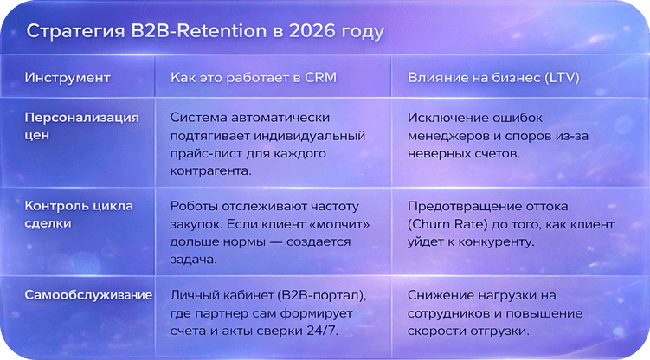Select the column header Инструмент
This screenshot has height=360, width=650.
(x=68, y=78)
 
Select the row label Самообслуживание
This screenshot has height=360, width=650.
(x=88, y=295)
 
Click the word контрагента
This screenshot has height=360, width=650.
(x=213, y=171)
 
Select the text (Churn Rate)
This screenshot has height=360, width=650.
(x=449, y=224)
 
